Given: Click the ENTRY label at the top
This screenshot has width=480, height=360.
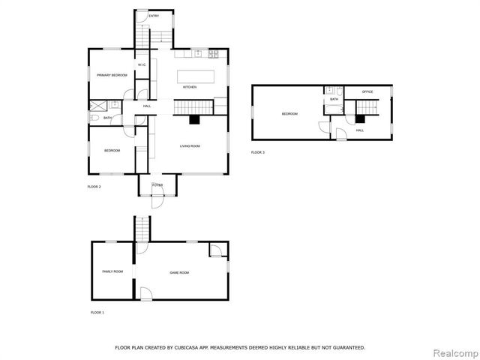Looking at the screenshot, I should click(x=154, y=16).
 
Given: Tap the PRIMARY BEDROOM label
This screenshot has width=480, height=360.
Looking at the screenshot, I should click(x=111, y=75).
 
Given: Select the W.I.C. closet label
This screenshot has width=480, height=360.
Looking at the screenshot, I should click(x=141, y=65).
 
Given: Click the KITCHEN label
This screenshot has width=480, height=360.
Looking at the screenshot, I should click(x=190, y=88).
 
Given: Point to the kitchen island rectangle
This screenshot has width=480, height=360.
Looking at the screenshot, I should click(x=195, y=76).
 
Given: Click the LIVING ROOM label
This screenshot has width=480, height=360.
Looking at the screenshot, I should click(x=190, y=146).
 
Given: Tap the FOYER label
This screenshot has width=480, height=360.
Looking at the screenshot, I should click(x=157, y=184).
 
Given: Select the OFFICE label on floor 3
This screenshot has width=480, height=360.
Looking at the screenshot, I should click(x=367, y=91).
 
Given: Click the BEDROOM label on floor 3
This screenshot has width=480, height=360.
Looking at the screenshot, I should click(x=289, y=114).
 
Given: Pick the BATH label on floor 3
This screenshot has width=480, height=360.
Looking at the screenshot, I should click(x=334, y=99).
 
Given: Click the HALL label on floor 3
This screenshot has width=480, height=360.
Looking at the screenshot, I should click(x=360, y=130).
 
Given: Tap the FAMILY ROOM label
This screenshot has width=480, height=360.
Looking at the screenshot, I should click(x=112, y=271).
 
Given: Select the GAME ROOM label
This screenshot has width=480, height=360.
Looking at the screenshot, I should click(x=179, y=272).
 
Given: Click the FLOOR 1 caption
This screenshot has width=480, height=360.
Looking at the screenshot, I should click(x=97, y=312).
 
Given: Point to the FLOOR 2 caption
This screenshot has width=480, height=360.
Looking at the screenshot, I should click(x=94, y=186).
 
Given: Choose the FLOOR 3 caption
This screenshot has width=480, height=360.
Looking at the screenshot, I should click(x=258, y=152).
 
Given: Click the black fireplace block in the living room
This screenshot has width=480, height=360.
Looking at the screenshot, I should click(x=195, y=120).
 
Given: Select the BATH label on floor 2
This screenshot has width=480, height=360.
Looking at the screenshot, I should click(x=108, y=118).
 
